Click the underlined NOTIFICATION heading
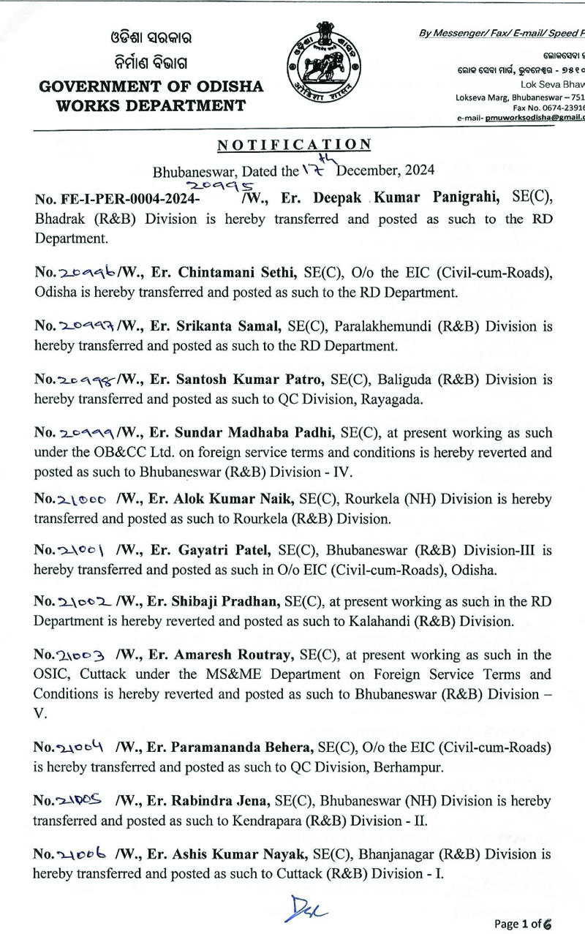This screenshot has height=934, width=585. pos(295,145)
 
